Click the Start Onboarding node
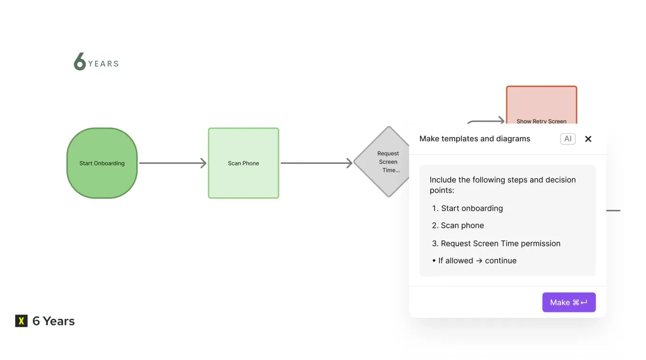(x=102, y=163)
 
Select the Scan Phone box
(x=243, y=163)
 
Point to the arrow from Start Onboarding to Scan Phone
(x=172, y=163)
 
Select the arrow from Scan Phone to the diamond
(x=316, y=163)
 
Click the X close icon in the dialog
(x=588, y=139)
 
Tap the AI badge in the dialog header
(x=568, y=139)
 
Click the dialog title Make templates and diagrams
(x=475, y=139)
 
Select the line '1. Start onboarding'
(x=467, y=208)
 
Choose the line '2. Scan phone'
(x=458, y=226)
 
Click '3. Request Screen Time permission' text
(x=496, y=243)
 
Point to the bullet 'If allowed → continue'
(x=474, y=260)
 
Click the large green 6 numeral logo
(x=80, y=62)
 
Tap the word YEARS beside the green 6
(x=103, y=64)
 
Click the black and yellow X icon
(x=21, y=321)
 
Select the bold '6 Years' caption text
(x=53, y=321)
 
